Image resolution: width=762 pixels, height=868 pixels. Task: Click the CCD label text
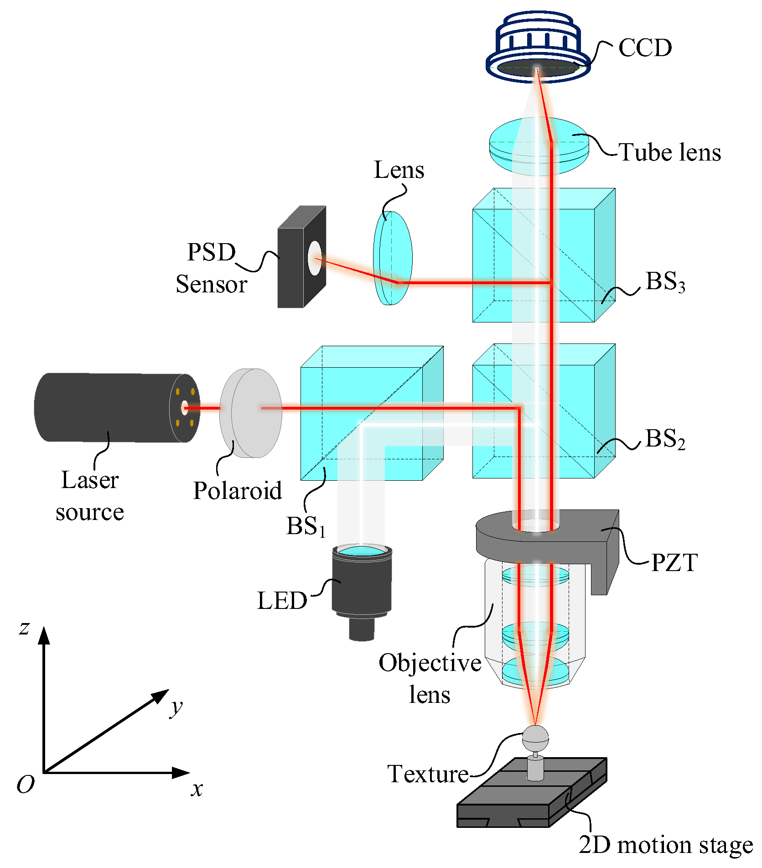point(644,47)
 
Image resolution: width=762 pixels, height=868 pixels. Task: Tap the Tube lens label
point(669,152)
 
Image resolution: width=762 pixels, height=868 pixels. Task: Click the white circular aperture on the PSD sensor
point(314,258)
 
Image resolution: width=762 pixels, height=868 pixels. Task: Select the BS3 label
point(665,281)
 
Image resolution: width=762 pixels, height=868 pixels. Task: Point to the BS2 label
point(665,439)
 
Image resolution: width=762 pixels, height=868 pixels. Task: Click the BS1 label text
point(306,526)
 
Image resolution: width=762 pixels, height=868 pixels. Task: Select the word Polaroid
point(237,491)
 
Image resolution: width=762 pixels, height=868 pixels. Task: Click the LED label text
point(282,600)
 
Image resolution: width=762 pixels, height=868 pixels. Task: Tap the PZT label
point(674,562)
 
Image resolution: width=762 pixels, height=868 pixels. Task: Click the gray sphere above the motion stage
point(535,738)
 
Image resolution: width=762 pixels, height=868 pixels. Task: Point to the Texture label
point(428,774)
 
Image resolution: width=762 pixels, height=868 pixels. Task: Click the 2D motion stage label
point(665,845)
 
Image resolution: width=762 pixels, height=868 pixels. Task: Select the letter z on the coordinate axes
point(24,628)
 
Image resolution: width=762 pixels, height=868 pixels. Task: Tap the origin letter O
point(25,785)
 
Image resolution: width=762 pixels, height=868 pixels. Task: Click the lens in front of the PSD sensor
point(393,258)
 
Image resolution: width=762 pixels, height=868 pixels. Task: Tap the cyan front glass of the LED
point(362,551)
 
